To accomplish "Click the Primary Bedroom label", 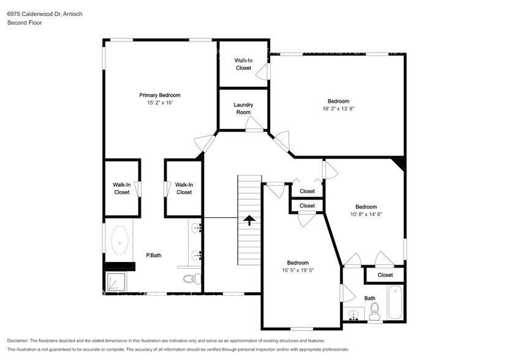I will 160,95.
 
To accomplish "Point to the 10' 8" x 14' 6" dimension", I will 366,214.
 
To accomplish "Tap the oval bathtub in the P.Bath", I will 119,241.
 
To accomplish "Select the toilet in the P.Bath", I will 192,279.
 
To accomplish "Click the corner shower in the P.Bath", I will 115,281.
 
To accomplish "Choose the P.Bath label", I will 153,255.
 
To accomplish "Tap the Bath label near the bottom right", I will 370,299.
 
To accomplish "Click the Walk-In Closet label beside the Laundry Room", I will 244,64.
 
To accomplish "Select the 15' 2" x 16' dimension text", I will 160,103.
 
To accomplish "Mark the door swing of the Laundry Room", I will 252,125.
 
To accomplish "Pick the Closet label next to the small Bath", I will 385,275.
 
